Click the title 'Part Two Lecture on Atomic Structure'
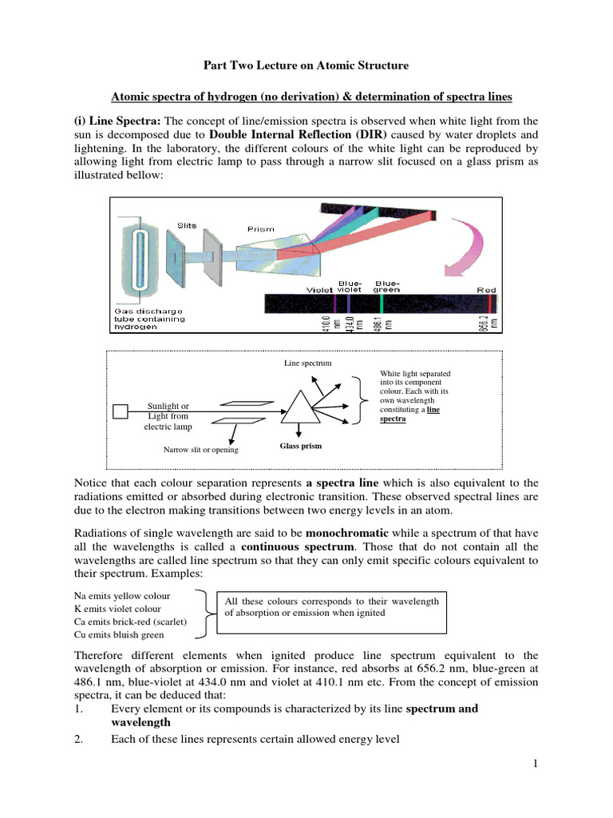[306, 65]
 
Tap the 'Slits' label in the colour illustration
[187, 225]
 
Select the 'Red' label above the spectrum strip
[486, 290]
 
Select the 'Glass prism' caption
[300, 446]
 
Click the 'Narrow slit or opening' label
[200, 450]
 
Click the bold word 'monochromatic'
[347, 532]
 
